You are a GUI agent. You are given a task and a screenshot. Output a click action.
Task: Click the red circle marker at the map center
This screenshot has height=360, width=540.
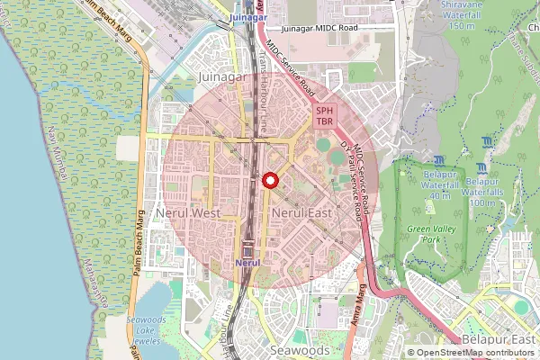[x=268, y=181]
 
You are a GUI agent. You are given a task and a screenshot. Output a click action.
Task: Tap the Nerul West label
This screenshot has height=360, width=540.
[x=188, y=213]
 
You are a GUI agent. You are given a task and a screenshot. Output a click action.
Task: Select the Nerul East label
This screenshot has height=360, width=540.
[x=302, y=213]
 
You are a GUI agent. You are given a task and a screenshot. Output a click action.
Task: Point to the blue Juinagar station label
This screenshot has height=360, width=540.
[x=248, y=17]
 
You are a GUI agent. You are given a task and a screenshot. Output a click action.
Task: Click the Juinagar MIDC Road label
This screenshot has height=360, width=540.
[x=324, y=29]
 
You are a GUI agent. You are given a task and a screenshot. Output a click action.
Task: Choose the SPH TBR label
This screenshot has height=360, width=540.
[x=325, y=115]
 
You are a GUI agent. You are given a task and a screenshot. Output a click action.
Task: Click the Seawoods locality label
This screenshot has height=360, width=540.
[x=300, y=349]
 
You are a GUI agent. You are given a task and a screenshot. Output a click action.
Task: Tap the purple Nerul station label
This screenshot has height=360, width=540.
[x=247, y=261]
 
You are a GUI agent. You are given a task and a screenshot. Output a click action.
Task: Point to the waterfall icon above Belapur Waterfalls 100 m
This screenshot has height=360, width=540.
[x=486, y=168]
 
